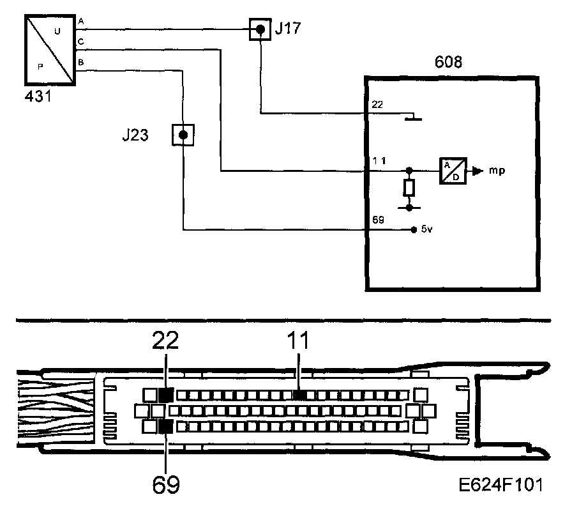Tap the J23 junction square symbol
point(183,135)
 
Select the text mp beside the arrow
point(497,171)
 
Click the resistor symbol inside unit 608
point(409,188)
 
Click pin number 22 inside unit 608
point(377,105)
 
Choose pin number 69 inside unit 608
point(377,219)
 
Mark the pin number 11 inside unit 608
point(378,163)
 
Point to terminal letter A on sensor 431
point(80,22)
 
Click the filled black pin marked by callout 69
point(166,426)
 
